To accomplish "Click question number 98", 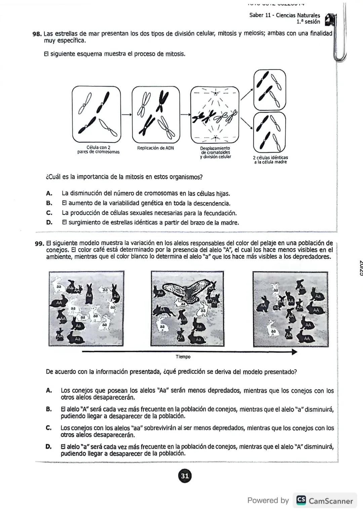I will click(37, 34).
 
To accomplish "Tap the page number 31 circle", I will click(185, 476).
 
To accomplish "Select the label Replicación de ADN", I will click(155, 148).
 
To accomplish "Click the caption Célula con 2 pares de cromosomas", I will click(98, 150).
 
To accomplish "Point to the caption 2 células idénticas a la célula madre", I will click(270, 159).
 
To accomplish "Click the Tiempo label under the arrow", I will click(183, 357).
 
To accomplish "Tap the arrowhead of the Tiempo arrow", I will click(294, 352).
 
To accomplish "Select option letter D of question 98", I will click(49, 223).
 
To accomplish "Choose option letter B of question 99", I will click(49, 409).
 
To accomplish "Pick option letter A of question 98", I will click(49, 193).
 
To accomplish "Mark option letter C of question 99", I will click(49, 428).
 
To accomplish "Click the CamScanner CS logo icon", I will click(301, 501).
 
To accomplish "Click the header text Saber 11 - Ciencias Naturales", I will click(284, 15).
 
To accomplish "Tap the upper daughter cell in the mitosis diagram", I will click(270, 89).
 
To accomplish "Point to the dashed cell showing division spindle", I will click(214, 114).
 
